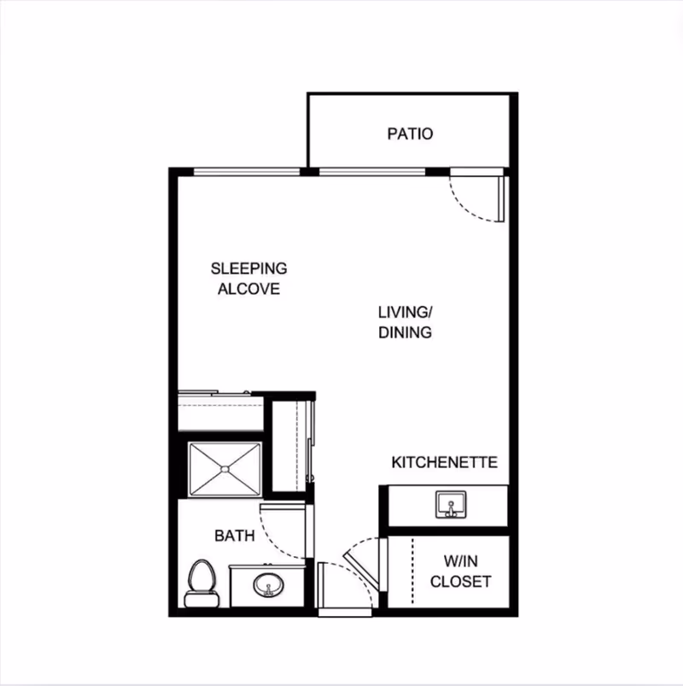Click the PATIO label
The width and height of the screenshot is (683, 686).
pos(410,133)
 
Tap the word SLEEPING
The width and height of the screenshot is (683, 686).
pos(248,268)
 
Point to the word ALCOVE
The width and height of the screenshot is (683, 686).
pos(248,289)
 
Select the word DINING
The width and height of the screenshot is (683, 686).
pos(405,332)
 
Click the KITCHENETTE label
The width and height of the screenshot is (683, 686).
pos(444,462)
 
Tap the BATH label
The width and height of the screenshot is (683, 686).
pos(235,536)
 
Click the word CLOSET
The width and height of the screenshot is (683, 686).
pos(461,582)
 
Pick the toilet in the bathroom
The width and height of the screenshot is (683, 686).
pos(201,583)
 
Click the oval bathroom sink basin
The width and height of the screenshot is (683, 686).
pos(268,585)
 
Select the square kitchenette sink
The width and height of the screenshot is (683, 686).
pos(451,504)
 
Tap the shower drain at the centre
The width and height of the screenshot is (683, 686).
pos(225,470)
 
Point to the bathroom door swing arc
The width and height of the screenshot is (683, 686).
pos(275,542)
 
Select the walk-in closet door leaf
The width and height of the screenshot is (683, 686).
pos(361,570)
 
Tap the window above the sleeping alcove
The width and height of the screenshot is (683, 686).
pos(247,172)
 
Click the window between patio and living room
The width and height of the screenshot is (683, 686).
pos(372,172)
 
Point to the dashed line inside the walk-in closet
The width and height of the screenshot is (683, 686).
pos(412,572)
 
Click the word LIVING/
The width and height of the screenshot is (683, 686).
pos(406,313)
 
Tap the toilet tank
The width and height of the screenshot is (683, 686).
pos(201,599)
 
